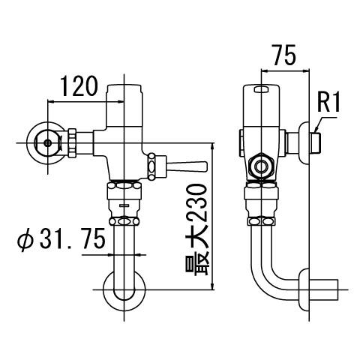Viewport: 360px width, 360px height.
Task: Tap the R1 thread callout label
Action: [x=328, y=101]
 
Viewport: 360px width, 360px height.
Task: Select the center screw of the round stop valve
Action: [x=48, y=140]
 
